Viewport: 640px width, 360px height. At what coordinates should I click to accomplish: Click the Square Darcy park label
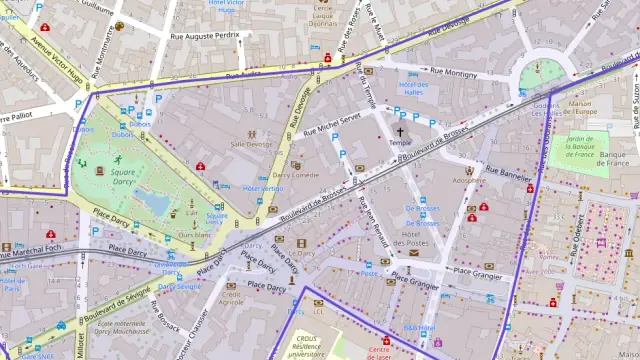click(x=123, y=178)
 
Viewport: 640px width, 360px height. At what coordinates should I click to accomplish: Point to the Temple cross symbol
click(x=401, y=131)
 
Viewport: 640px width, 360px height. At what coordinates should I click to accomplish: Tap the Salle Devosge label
click(x=250, y=144)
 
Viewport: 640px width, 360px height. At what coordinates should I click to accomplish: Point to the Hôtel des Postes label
click(x=423, y=239)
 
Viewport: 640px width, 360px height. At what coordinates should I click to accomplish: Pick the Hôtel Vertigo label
click(x=263, y=188)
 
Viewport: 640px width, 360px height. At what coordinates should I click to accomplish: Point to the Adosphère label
click(x=467, y=181)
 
